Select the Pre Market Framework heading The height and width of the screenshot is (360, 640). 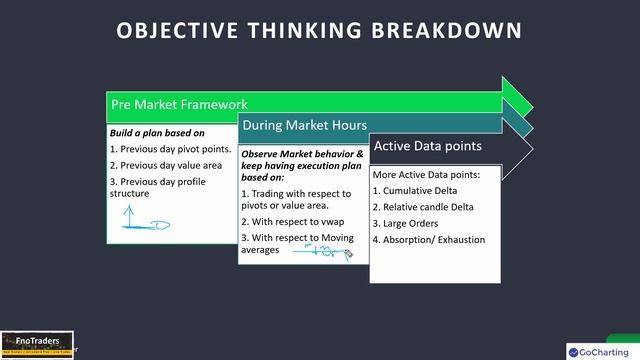[178, 104]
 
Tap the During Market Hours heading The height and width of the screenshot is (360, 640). [301, 126]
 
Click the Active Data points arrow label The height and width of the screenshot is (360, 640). [427, 146]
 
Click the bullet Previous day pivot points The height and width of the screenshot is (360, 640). [170, 149]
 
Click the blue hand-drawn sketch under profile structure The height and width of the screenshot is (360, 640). [145, 220]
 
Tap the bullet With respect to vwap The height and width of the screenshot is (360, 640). [289, 221]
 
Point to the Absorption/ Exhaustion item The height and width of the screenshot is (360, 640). [428, 239]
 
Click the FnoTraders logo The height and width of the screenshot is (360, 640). [36, 343]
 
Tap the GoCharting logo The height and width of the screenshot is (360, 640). [601, 351]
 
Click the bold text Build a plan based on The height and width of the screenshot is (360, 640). [157, 133]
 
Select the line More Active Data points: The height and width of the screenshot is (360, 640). [425, 174]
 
